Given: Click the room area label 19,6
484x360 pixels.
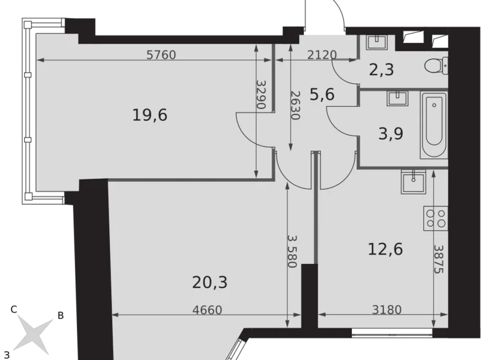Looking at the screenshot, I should pos(151,115).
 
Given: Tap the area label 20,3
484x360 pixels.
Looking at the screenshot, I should pos(210,283).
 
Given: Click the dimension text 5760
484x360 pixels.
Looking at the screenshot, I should pos(161,55).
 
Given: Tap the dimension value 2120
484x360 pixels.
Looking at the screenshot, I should pos(322,55).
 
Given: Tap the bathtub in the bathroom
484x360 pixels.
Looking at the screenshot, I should pos(433,127).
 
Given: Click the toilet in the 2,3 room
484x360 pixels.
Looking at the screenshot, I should pos(437,65).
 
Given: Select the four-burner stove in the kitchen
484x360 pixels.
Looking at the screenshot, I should pos(435,218).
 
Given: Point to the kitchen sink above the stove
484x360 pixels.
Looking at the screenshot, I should pos(411,179).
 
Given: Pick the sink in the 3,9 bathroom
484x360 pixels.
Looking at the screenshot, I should pos(395,97).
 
